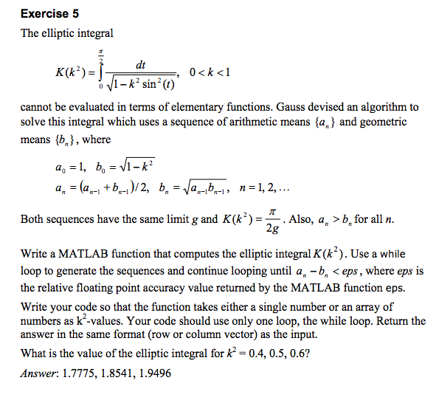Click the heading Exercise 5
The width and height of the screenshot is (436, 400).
(50, 14)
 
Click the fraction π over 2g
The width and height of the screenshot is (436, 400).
(272, 219)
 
